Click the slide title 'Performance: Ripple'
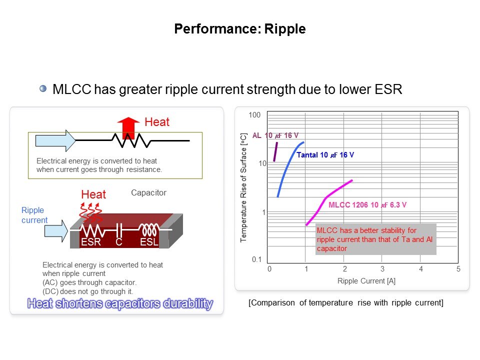(x=239, y=29)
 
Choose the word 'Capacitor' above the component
(x=148, y=192)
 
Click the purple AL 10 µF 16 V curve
(x=275, y=151)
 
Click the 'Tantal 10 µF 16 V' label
(x=325, y=155)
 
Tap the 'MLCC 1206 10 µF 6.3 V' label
(x=367, y=204)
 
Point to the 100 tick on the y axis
(x=255, y=115)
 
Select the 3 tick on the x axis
(x=382, y=269)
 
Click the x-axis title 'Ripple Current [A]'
(x=366, y=281)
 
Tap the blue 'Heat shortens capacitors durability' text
(x=120, y=303)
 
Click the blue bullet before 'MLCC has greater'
(x=43, y=89)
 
